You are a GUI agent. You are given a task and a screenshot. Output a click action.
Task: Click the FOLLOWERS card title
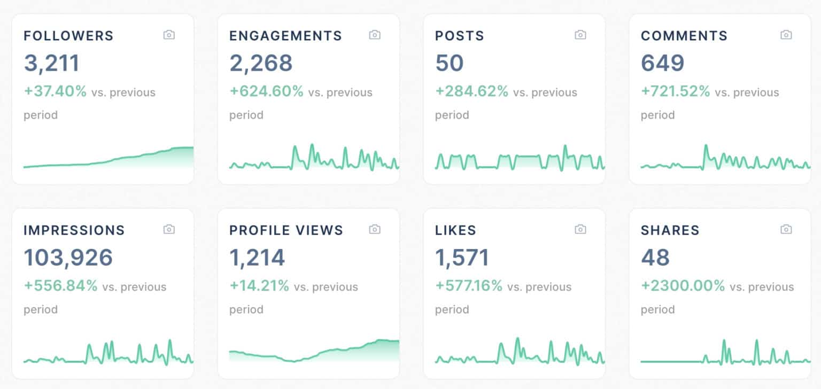68,36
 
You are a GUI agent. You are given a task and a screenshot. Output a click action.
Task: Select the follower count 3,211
51,63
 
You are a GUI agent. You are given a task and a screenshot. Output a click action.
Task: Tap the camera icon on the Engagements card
375,35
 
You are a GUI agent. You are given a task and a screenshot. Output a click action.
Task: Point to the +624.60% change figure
266,91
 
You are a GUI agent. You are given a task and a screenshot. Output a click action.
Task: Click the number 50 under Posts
449,63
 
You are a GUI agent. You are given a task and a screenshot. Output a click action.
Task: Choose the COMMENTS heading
684,36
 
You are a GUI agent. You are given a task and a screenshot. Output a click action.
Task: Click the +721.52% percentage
675,91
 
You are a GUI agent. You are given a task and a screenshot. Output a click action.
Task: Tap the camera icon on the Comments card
786,35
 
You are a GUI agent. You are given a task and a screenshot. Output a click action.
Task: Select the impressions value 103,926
68,258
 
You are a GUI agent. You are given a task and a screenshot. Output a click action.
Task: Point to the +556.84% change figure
60,286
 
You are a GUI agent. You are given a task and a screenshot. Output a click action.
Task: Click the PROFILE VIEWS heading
286,230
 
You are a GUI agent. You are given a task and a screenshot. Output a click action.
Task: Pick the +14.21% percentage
259,286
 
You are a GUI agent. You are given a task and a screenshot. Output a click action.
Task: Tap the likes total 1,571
462,258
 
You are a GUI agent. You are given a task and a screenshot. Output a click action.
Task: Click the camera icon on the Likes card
580,230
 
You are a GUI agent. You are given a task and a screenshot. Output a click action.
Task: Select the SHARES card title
670,230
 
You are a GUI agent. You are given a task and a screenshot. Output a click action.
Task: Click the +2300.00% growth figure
683,286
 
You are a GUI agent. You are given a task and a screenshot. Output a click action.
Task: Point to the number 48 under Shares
655,258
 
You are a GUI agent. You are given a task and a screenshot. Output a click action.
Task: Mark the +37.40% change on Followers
55,91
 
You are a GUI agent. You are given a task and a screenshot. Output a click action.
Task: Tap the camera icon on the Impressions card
169,230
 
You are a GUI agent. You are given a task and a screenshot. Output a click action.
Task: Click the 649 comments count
662,63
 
